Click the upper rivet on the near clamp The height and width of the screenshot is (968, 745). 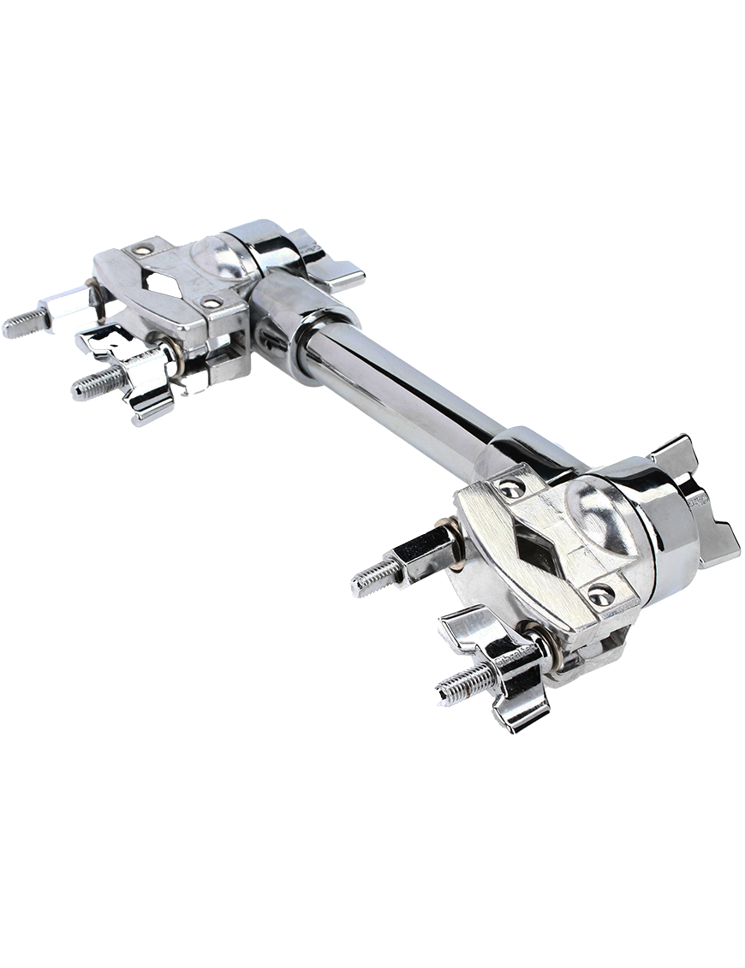click(x=511, y=489)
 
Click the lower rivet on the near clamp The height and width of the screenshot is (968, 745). click(x=601, y=594)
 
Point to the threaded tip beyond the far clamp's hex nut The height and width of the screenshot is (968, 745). click(x=21, y=324)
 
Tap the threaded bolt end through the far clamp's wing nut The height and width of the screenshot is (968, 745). click(x=92, y=384)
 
